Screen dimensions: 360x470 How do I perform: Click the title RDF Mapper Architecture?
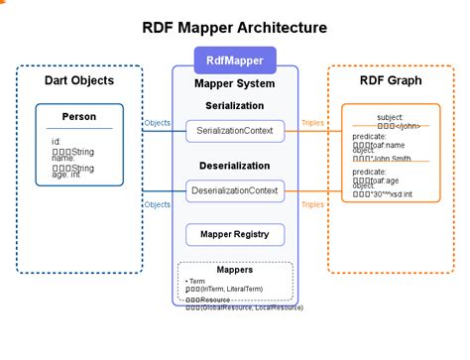click(234, 27)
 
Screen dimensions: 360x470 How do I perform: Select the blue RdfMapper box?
click(235, 58)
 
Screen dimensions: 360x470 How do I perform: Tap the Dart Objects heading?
click(79, 80)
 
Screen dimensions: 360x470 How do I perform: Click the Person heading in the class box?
click(79, 117)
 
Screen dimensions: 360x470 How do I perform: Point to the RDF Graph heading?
click(391, 80)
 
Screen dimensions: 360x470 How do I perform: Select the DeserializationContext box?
click(235, 188)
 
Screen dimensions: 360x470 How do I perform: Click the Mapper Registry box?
click(235, 235)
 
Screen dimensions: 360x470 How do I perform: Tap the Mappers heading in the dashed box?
click(235, 269)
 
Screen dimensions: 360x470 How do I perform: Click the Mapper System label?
click(235, 85)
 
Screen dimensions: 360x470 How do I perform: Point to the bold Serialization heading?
click(235, 104)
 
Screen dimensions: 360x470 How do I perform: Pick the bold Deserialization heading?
click(235, 166)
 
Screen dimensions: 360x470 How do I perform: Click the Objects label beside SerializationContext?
click(157, 123)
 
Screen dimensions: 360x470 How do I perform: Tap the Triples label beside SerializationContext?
click(312, 123)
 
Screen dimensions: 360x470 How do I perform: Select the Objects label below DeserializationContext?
click(157, 204)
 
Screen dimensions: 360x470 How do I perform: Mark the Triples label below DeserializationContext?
click(312, 204)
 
